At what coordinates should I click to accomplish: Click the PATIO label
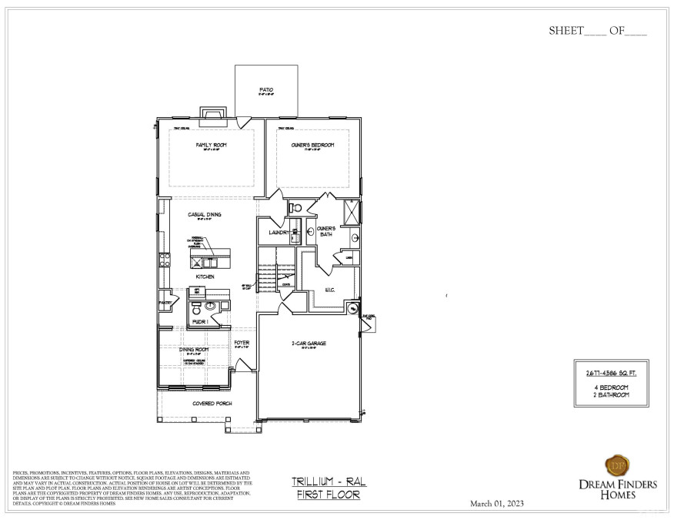pos(266,90)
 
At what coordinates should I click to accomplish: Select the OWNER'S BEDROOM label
pos(312,145)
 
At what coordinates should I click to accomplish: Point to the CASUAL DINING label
pos(205,215)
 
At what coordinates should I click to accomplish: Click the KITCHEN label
pos(205,276)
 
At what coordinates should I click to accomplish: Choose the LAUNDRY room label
pos(279,232)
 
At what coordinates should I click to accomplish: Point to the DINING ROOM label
pos(194,349)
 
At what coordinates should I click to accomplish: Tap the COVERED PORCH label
pos(213,403)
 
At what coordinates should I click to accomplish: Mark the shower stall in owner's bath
pos(351,210)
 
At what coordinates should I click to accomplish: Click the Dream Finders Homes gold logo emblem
pos(616,465)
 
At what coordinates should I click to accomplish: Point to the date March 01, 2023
pos(496,503)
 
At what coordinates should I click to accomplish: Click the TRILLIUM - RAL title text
pos(329,481)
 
